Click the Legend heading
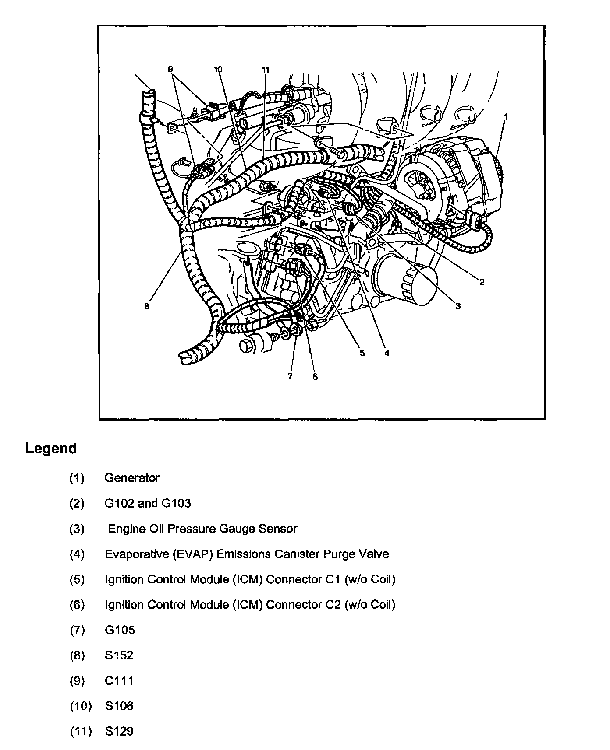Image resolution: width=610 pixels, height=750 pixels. point(51,449)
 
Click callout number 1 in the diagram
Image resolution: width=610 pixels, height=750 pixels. point(506,117)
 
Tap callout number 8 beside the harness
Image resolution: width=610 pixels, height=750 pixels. point(147,306)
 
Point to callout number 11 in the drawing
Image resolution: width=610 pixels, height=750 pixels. point(266,70)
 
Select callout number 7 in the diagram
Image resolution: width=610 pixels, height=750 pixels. point(290,376)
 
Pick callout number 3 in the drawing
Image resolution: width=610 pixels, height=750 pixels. point(458,306)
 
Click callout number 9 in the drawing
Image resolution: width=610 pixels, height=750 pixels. point(170,69)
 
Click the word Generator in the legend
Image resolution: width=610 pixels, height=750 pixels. point(132,478)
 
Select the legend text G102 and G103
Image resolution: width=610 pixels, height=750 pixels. point(148,503)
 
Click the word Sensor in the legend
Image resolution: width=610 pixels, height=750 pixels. point(278,529)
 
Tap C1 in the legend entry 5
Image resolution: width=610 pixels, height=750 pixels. point(333,579)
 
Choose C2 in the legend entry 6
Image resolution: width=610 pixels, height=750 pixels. point(333,605)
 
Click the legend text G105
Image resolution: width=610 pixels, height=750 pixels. point(120,630)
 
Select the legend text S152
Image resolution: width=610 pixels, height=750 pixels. point(119,655)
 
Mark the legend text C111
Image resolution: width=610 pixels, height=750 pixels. point(119,681)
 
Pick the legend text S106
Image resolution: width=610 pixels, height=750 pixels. point(119,706)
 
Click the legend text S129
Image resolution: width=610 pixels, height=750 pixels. point(119,732)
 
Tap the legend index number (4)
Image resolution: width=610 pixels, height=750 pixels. point(77,554)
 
